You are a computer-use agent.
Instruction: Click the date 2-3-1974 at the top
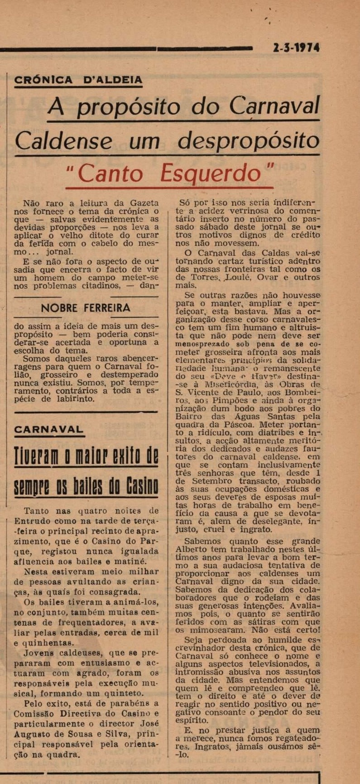pos(296,48)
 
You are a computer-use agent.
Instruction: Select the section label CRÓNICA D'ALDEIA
pos(78,80)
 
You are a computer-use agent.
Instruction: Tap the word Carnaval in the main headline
pos(274,107)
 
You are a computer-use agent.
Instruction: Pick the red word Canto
pos(111,173)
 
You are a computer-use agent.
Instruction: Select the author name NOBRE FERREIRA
pos(86,308)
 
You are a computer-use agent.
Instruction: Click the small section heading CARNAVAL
pos(49,429)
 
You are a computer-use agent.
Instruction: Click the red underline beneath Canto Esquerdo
pos(169,187)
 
